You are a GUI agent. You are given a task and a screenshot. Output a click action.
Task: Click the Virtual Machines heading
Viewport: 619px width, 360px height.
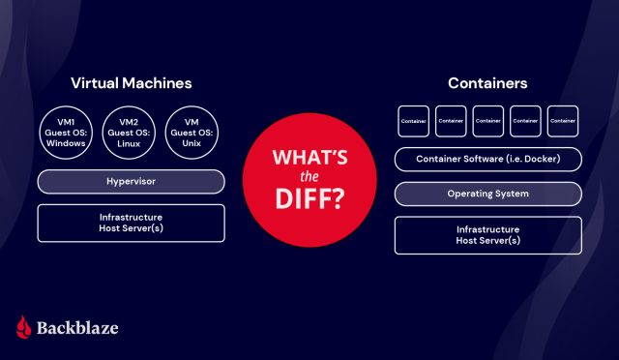[x=131, y=83]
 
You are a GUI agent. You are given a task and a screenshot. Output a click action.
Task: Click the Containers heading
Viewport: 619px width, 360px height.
[x=487, y=83]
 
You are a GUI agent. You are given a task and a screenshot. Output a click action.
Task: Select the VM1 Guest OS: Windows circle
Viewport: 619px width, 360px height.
[x=66, y=132]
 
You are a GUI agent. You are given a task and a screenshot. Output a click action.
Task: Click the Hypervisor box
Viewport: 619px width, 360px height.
[x=131, y=181]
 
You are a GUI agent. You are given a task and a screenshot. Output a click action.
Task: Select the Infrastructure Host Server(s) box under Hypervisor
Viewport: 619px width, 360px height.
[x=131, y=223]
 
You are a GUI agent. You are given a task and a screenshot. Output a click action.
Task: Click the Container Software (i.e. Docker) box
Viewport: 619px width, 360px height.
[x=487, y=158]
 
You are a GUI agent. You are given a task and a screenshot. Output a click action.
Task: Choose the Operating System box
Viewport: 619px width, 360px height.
[x=487, y=194]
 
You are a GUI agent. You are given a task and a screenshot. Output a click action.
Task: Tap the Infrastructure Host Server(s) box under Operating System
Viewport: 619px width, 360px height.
[x=487, y=234]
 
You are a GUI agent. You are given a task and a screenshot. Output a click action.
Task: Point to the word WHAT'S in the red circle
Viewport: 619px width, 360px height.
[x=309, y=157]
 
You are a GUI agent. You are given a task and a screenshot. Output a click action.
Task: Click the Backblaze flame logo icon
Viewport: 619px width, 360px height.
[x=24, y=327]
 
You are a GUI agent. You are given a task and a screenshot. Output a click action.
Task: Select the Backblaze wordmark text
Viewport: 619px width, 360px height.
[x=79, y=328]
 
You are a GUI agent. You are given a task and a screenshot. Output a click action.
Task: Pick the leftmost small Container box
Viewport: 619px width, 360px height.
[x=414, y=121]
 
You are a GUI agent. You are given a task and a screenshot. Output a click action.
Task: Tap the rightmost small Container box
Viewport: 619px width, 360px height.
[x=562, y=121]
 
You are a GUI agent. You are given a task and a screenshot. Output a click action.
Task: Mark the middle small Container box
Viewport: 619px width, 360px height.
[x=487, y=121]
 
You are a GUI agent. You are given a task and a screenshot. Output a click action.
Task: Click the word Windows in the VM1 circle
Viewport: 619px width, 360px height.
[x=66, y=144]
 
